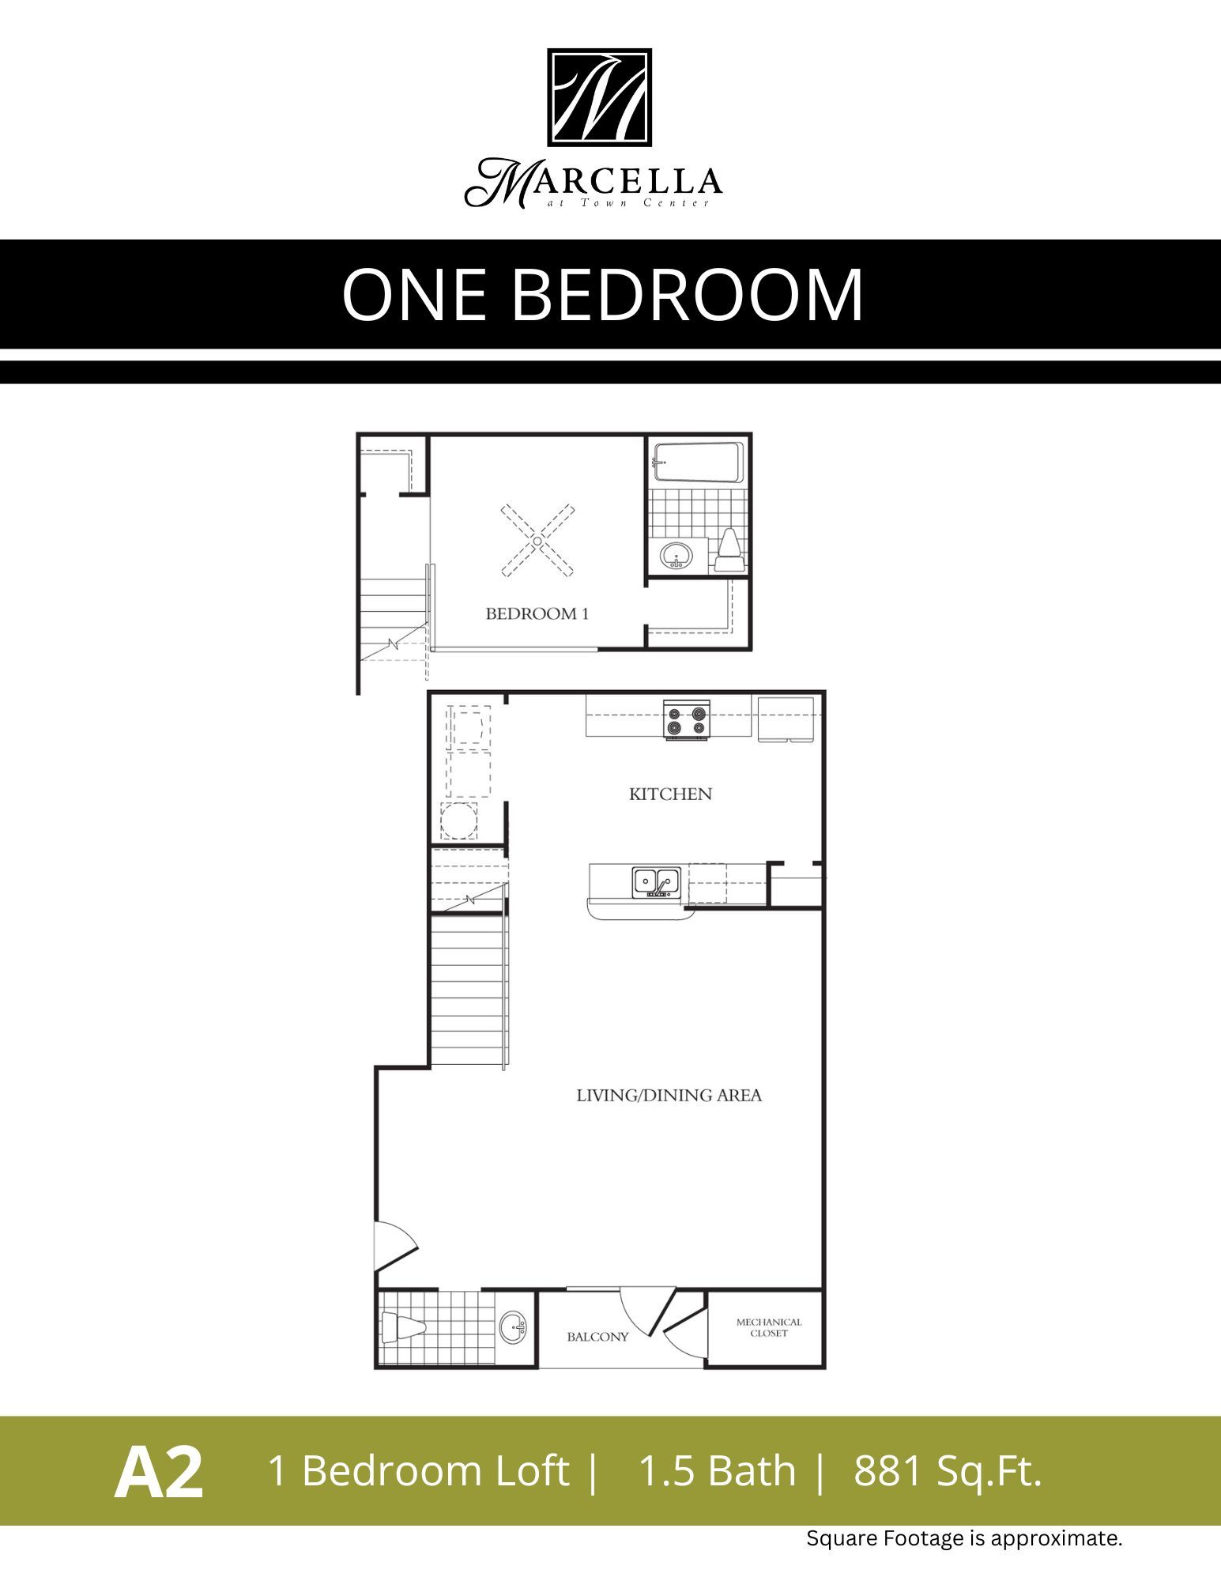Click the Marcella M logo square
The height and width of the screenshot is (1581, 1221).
pyautogui.click(x=599, y=97)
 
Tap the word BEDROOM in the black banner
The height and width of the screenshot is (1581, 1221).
pyautogui.click(x=688, y=294)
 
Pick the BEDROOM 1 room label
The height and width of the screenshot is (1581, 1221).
pyautogui.click(x=537, y=613)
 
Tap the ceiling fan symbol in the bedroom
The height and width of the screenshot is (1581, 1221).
pyautogui.click(x=537, y=541)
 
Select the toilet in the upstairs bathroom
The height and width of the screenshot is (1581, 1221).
pyautogui.click(x=728, y=550)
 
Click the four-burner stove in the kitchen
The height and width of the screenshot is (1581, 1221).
pyautogui.click(x=686, y=719)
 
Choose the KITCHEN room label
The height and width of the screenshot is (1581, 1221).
pyautogui.click(x=670, y=794)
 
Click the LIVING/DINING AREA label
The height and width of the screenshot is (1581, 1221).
pyautogui.click(x=669, y=1096)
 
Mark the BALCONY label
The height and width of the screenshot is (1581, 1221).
pyautogui.click(x=597, y=1337)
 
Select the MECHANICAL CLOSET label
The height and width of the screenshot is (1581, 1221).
pyautogui.click(x=768, y=1327)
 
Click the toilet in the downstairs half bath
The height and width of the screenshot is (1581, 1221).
pyautogui.click(x=401, y=1327)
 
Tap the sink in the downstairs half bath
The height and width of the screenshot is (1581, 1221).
pyautogui.click(x=512, y=1326)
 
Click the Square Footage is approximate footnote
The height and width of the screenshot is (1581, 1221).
pyautogui.click(x=963, y=1538)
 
